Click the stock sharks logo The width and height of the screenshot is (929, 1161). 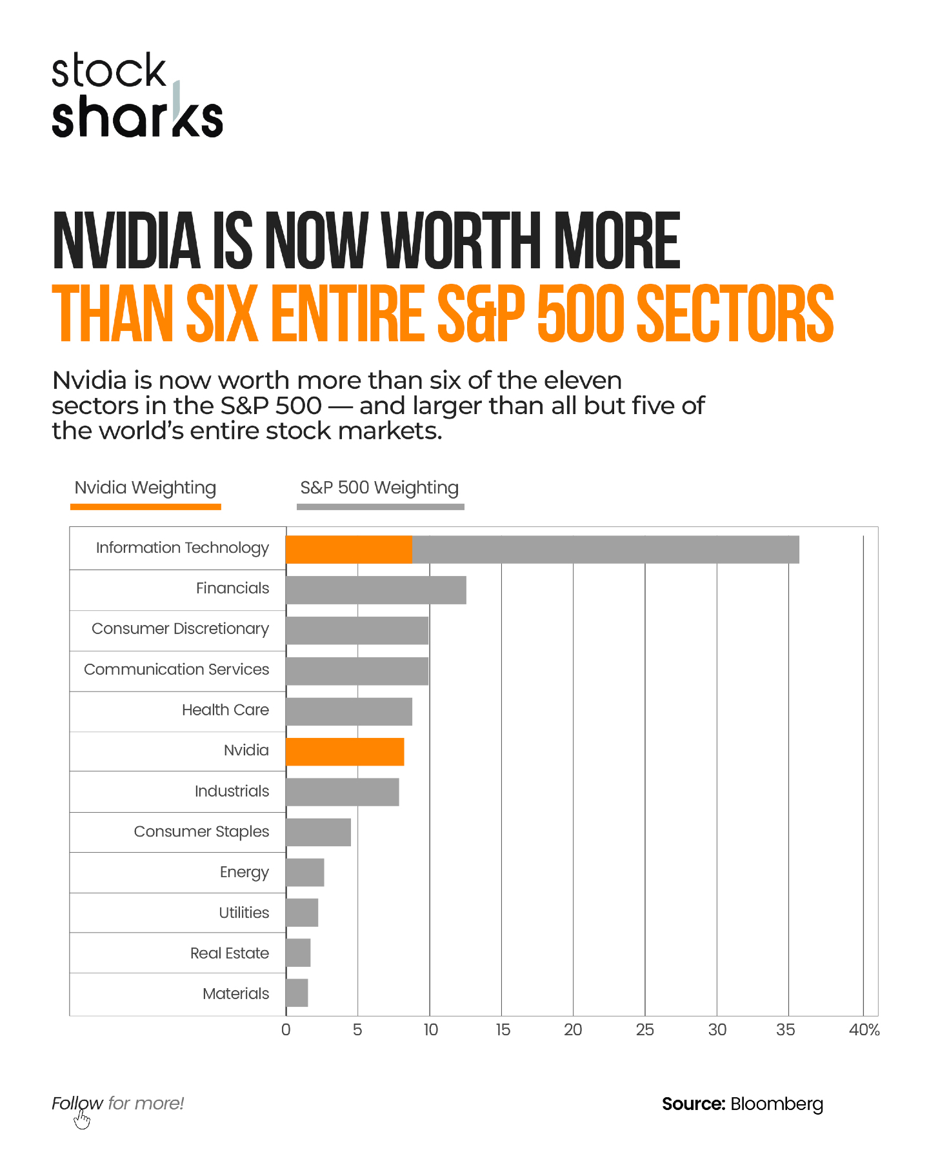click(137, 95)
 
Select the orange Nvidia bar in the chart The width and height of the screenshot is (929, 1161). click(345, 752)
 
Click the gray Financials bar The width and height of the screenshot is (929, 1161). click(375, 590)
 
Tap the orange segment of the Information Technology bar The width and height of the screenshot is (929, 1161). click(348, 550)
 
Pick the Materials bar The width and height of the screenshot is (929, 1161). click(297, 993)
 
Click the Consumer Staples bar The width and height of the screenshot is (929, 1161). click(318, 832)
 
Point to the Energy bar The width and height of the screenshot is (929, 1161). click(305, 873)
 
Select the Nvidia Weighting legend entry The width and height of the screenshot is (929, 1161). click(145, 488)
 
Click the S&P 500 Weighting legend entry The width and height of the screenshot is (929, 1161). click(379, 488)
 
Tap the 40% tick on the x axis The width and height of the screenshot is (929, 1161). click(864, 1030)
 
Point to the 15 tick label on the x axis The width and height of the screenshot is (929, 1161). click(503, 1030)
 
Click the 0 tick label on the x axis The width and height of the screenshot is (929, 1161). click(286, 1030)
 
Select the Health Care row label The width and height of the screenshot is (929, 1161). click(225, 710)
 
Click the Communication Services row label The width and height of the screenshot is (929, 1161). click(176, 670)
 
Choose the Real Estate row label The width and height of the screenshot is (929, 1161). click(229, 953)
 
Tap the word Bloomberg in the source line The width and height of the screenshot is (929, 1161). click(777, 1104)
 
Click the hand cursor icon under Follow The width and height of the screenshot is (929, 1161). click(82, 1120)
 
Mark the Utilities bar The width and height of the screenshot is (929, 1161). click(302, 913)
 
